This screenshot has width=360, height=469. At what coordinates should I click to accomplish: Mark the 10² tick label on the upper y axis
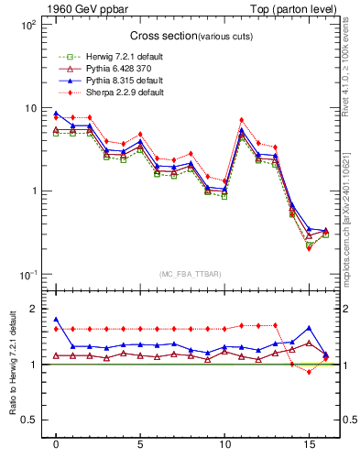(x=27, y=25)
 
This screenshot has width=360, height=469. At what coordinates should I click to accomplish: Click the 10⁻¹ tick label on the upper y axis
(x=27, y=275)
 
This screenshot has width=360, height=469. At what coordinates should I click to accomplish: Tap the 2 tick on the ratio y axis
(x=32, y=309)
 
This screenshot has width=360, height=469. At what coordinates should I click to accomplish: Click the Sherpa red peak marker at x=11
(x=241, y=120)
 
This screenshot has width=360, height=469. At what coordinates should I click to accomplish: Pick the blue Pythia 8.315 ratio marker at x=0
(x=56, y=320)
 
